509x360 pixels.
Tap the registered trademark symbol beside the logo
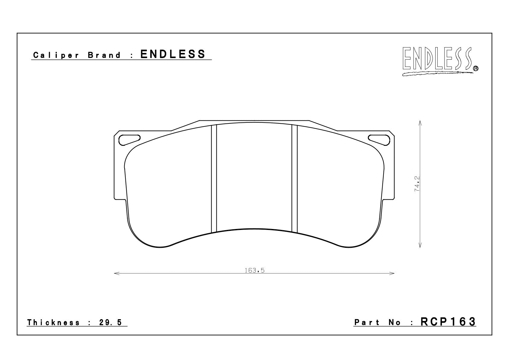pos(475,68)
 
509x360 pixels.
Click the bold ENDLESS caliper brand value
pos(173,54)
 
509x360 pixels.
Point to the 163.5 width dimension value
pos(254,270)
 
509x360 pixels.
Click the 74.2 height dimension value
pos(417,184)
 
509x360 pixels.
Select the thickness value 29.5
pos(111,322)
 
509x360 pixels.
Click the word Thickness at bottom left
pos(53,322)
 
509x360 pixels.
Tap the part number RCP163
pos(448,322)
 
